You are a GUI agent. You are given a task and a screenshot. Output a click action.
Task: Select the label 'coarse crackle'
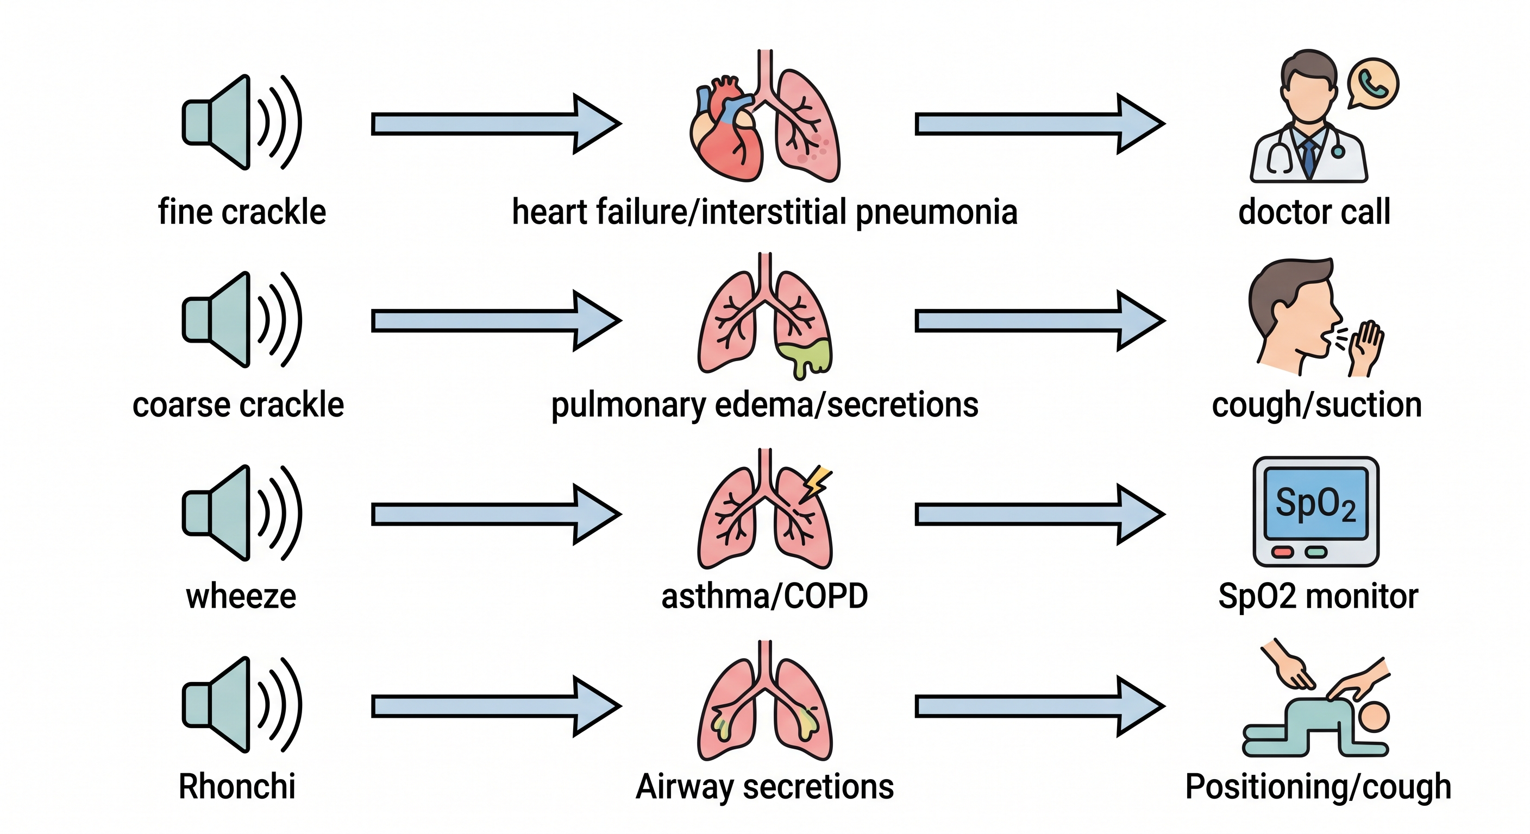238,406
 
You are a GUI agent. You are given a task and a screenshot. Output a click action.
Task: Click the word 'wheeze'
241,597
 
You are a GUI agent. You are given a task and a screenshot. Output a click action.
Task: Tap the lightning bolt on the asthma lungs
816,483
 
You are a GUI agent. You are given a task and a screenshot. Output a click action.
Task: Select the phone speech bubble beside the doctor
1372,84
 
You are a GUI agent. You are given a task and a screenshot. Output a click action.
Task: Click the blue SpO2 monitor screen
1315,503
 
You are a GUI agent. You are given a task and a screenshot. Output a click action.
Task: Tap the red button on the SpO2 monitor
1282,553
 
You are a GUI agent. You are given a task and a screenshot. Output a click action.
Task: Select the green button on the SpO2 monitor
1315,553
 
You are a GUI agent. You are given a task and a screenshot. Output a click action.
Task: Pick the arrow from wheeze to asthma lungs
497,514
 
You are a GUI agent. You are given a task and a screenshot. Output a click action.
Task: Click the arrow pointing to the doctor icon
1040,123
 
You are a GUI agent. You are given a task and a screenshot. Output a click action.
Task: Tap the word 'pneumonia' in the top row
937,213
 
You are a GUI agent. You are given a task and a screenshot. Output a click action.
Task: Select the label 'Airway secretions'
764,787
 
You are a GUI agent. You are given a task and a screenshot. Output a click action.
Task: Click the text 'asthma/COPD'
764,597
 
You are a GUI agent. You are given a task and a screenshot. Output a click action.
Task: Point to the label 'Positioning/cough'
1318,788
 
